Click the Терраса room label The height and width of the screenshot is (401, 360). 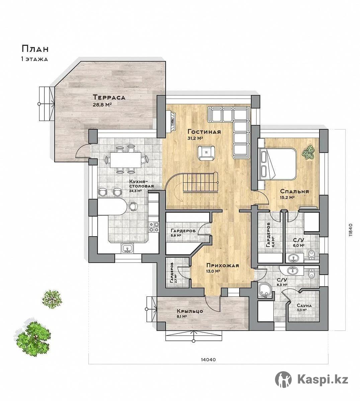click(x=109, y=97)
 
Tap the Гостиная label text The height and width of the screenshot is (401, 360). click(x=204, y=132)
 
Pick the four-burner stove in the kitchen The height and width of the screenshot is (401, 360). click(x=154, y=227)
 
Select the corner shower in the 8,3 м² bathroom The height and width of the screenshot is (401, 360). click(x=265, y=290)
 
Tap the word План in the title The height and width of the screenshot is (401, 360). click(x=35, y=49)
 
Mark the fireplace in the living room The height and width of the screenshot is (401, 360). click(x=172, y=120)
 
